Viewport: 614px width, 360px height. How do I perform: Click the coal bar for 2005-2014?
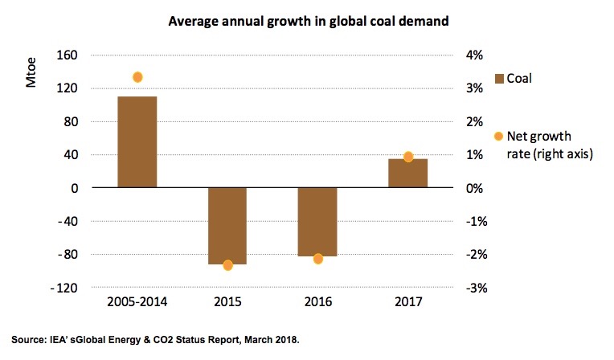pyautogui.click(x=137, y=141)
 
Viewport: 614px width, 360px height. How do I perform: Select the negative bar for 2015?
pyautogui.click(x=227, y=225)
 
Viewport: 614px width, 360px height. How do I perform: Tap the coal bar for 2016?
pyautogui.click(x=317, y=221)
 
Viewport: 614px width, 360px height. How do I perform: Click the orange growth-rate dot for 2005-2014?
pyautogui.click(x=137, y=77)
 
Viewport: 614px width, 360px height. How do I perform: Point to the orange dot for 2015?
pyautogui.click(x=227, y=265)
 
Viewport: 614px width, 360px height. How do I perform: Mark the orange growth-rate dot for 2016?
pyautogui.click(x=317, y=259)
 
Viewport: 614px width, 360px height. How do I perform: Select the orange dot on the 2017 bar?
pyautogui.click(x=408, y=157)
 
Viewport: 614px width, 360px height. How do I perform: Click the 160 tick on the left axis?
pyautogui.click(x=67, y=55)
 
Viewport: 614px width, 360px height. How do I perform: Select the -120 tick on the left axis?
pyautogui.click(x=64, y=288)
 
